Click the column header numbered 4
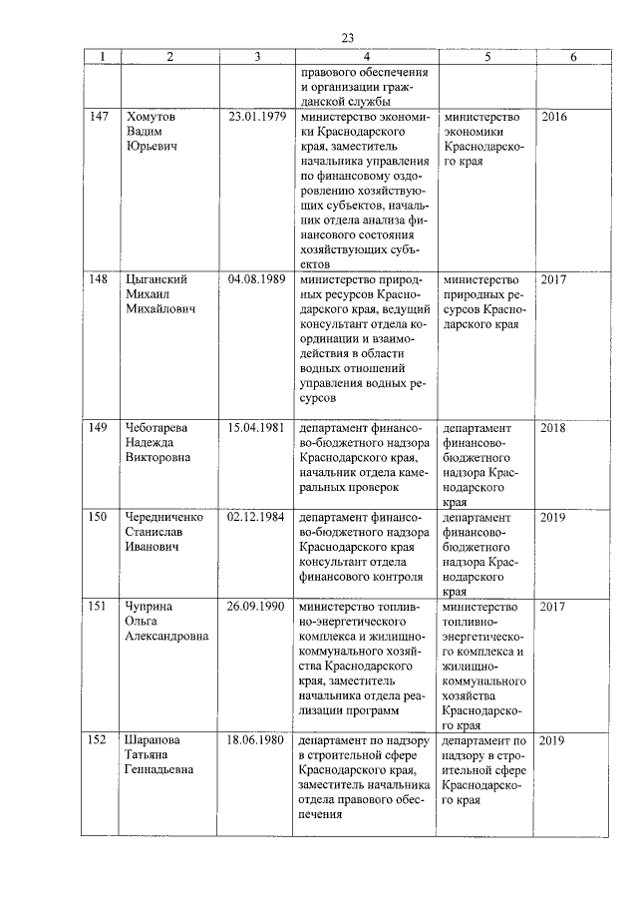(x=366, y=58)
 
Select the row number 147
(x=99, y=117)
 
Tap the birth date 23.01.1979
(x=257, y=117)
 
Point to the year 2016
(x=553, y=117)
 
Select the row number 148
(x=99, y=279)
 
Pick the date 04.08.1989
(x=257, y=279)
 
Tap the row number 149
(x=99, y=428)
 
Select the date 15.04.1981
(x=257, y=428)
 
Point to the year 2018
(x=553, y=428)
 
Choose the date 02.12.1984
(x=257, y=518)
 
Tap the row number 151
(x=99, y=607)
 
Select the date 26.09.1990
(x=257, y=607)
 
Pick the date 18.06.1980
(x=257, y=740)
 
